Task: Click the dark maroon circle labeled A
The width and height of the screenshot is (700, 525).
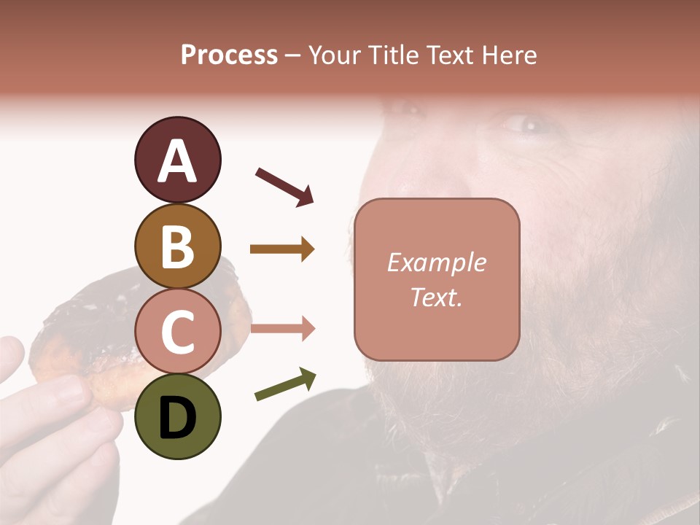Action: point(177,160)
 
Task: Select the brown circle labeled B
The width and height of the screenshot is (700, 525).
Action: point(177,246)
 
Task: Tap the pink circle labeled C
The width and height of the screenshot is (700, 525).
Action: point(177,331)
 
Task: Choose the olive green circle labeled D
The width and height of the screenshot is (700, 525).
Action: point(177,416)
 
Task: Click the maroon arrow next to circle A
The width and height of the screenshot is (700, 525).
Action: point(284,186)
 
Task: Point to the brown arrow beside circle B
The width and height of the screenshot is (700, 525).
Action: point(282,249)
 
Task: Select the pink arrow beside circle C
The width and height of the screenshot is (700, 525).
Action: point(282,329)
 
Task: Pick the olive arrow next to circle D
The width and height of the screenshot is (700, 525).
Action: point(285,384)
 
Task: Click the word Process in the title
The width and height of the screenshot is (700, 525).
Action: point(229,55)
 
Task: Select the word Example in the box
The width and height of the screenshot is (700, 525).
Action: point(436,262)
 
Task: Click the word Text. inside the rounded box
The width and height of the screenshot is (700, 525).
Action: point(436,297)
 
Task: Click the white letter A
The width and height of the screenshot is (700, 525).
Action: point(177,161)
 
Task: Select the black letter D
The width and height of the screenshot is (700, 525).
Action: point(177,418)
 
